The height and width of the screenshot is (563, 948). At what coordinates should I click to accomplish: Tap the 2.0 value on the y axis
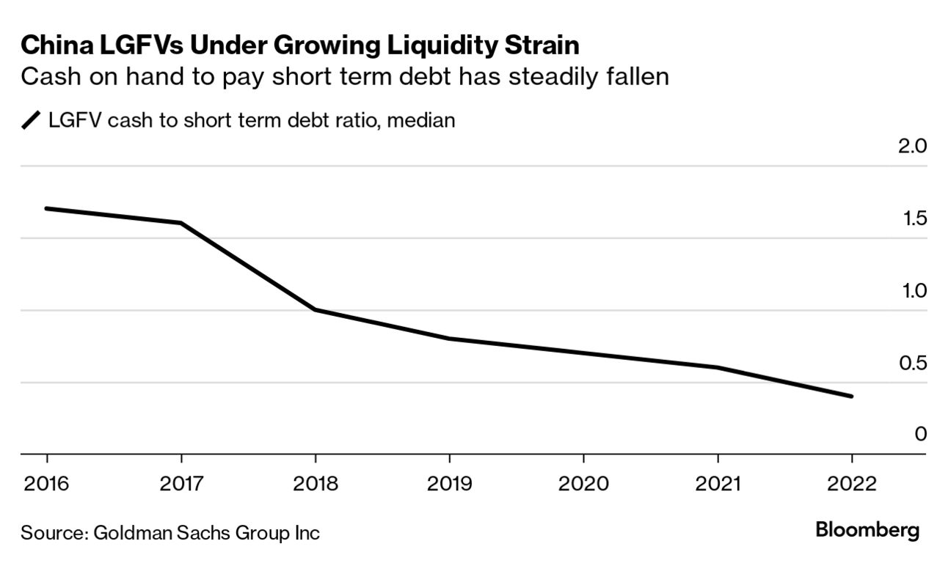tap(912, 146)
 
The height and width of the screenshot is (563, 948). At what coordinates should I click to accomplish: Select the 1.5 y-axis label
tap(912, 218)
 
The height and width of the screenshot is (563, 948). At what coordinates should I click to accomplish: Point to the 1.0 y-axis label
tap(912, 290)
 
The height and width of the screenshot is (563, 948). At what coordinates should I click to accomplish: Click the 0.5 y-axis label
tap(912, 363)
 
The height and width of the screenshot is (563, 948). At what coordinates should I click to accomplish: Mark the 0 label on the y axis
tap(920, 434)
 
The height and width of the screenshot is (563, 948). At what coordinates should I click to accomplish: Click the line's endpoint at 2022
tap(851, 397)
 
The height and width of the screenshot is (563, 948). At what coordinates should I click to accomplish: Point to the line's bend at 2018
tap(315, 309)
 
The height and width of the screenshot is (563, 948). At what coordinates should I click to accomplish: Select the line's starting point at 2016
tap(47, 208)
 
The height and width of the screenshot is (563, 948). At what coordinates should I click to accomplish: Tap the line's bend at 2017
tap(181, 223)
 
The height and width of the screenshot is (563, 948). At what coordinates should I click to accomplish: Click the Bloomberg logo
tap(867, 530)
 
